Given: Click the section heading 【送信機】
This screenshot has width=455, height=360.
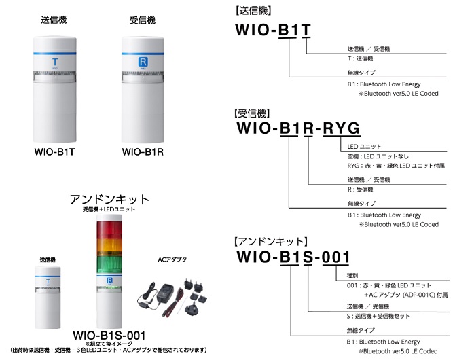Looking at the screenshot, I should [x=253, y=12].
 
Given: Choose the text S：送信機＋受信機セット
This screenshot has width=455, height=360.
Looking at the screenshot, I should [x=383, y=317].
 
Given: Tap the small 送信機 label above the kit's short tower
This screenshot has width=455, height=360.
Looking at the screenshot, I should [x=48, y=259].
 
